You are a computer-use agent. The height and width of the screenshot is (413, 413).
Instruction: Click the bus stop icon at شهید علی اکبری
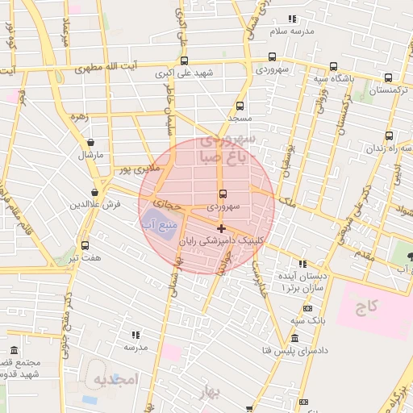point(185,60)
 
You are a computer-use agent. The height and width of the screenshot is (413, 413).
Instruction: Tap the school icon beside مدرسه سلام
point(292,18)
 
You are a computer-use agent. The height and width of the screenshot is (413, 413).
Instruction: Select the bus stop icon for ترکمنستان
point(389,78)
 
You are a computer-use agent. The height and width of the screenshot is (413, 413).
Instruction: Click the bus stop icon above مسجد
point(240,106)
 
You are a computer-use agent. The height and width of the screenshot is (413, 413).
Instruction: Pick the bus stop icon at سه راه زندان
point(390,136)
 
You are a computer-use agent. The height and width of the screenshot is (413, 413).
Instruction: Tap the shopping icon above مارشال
point(90,142)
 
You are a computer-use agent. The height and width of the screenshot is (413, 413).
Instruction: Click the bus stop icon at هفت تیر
point(85,245)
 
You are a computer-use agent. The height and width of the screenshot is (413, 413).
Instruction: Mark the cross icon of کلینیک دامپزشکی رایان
point(222,228)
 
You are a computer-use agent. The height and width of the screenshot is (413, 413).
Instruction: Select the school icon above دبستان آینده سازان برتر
point(302,263)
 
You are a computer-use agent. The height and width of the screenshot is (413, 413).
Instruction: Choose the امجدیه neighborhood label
point(116,378)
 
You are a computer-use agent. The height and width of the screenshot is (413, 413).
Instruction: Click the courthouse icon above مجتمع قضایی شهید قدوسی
point(15,351)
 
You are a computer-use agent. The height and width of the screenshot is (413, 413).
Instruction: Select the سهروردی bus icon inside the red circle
point(223,194)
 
